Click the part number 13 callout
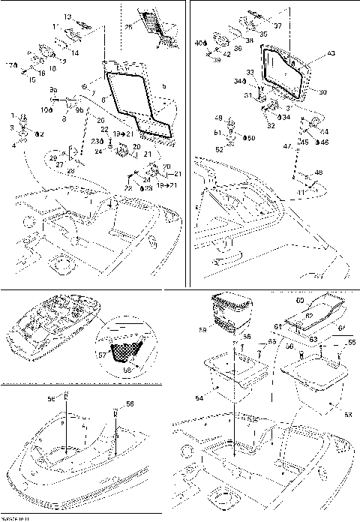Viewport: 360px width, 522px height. pos(67,16)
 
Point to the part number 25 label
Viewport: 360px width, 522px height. pos(128,28)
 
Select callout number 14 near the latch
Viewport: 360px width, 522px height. pos(75,54)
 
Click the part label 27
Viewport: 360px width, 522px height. pos(60,163)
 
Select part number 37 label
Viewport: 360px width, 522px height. pos(277,25)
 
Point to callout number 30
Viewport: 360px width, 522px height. pos(323,92)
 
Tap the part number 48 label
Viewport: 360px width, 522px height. pos(318,173)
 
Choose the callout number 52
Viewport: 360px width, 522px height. pos(219,149)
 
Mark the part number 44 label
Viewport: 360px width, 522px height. pos(324,130)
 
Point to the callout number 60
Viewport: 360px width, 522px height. pos(298,301)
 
